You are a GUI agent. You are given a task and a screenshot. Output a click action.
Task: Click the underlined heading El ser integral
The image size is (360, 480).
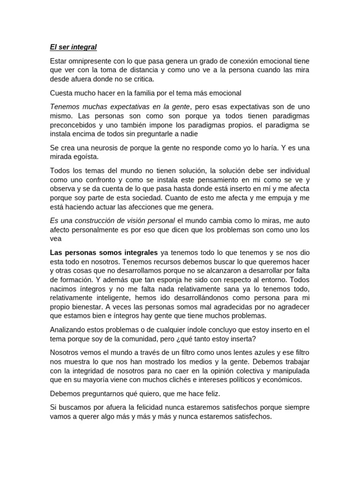click(73, 47)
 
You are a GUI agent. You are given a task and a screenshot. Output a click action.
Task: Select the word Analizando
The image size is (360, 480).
click(68, 330)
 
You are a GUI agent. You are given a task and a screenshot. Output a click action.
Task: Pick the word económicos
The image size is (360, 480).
click(280, 380)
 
